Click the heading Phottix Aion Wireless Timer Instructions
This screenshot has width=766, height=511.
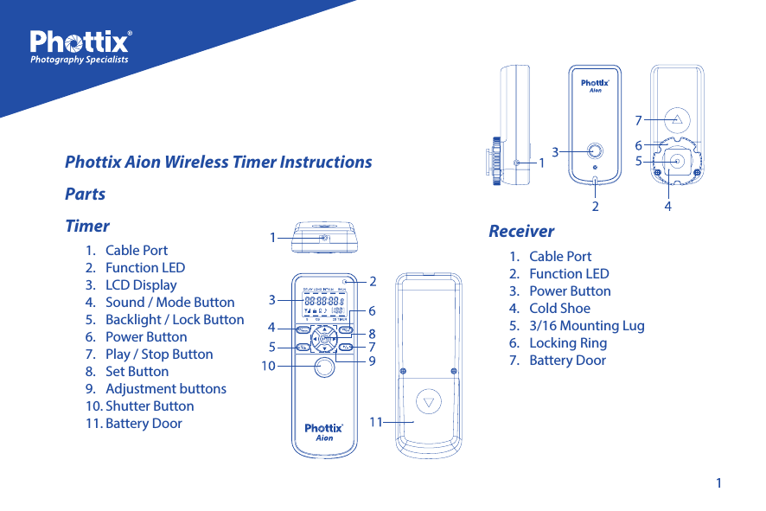click(219, 162)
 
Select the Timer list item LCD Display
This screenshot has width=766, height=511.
click(141, 284)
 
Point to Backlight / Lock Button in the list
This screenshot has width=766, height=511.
click(175, 319)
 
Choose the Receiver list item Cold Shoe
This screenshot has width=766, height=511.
click(559, 308)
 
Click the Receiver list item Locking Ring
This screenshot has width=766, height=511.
click(567, 342)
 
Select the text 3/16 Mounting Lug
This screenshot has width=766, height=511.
click(586, 325)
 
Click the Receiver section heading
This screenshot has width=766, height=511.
click(521, 231)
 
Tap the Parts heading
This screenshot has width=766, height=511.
click(86, 194)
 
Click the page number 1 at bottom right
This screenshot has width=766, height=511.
click(718, 482)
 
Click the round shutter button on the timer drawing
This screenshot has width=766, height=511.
click(324, 368)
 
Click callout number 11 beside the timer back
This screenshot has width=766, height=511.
click(376, 422)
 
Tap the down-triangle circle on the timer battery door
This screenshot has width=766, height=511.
click(429, 403)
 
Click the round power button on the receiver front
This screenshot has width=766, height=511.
click(595, 151)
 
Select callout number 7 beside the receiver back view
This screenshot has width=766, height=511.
click(638, 120)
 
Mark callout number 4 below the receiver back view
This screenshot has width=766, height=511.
click(667, 208)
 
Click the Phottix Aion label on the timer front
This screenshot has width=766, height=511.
click(324, 431)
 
